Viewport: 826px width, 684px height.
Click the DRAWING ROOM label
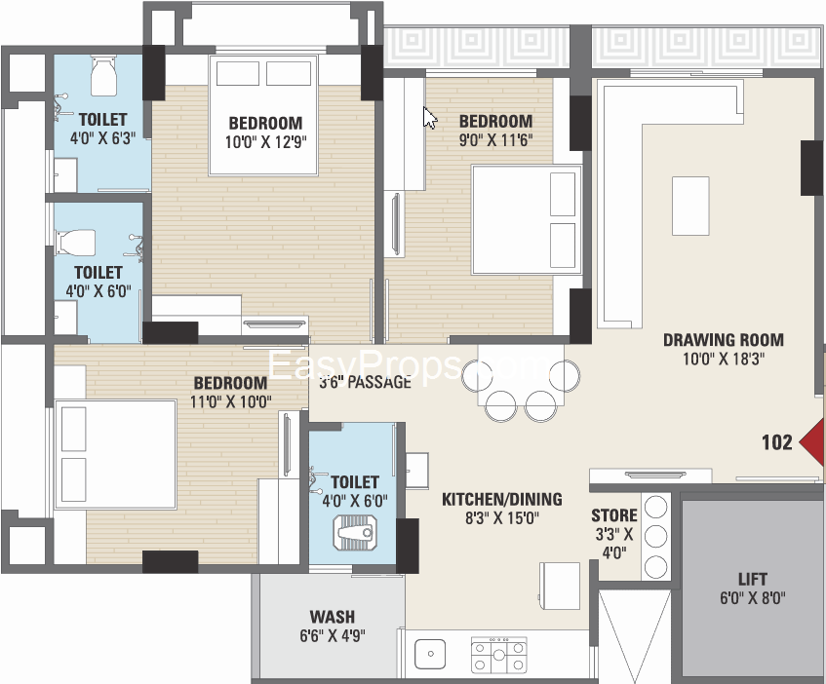tap(724, 340)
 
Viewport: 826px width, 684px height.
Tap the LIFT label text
tap(752, 580)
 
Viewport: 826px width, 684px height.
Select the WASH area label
tap(333, 616)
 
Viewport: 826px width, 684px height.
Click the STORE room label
tap(614, 515)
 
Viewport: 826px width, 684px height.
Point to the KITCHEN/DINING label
tap(502, 499)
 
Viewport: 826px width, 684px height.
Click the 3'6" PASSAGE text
tap(365, 382)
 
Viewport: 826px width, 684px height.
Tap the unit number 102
tap(777, 442)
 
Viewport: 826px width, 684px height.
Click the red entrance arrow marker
tap(811, 442)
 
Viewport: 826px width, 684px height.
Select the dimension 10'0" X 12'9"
tap(266, 142)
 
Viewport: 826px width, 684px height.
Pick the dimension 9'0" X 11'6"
tap(495, 140)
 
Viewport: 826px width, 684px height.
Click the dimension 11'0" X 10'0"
tap(231, 402)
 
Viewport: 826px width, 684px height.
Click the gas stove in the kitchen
tap(498, 655)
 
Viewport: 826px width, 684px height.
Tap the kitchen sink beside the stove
tap(430, 654)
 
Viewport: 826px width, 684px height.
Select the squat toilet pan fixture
tap(355, 532)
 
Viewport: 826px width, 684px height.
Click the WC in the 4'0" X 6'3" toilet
tap(103, 77)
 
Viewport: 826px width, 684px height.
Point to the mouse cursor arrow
tap(429, 117)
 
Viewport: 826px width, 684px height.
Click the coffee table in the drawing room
tap(690, 207)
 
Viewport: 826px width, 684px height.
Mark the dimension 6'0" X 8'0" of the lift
tap(752, 598)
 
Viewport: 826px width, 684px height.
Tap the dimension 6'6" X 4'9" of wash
tap(333, 635)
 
